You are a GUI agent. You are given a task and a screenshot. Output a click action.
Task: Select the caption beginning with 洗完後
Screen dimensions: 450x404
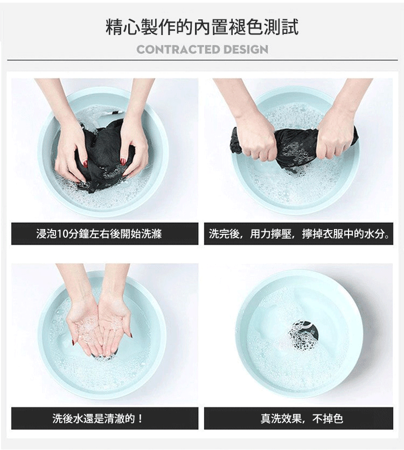tap(298, 234)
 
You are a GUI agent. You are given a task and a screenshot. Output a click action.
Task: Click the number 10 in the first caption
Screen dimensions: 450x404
tap(62, 234)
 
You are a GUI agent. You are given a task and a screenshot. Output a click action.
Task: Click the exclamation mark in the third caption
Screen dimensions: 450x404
tap(141, 418)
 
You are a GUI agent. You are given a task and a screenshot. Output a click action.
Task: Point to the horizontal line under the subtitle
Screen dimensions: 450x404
tap(202, 60)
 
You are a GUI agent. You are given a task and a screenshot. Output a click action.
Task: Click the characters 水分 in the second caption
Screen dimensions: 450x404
tap(379, 234)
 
